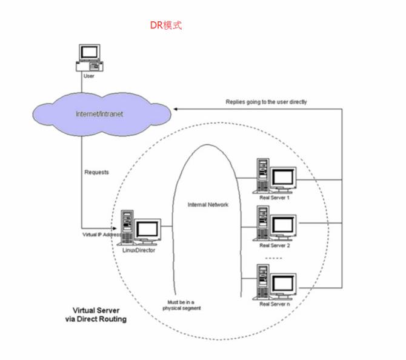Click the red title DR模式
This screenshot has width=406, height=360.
[x=165, y=25]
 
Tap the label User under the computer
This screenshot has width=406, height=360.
[x=89, y=76]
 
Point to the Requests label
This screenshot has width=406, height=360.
[x=96, y=172]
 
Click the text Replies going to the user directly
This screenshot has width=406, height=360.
[x=266, y=102]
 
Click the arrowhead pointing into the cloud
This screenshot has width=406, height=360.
[x=176, y=109]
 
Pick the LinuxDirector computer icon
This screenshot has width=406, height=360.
[x=141, y=228]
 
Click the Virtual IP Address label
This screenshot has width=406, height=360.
[x=101, y=233]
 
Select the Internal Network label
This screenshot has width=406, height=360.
[x=208, y=205]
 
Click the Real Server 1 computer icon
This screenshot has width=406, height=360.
[x=276, y=176]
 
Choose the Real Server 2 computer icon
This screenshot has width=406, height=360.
[x=276, y=224]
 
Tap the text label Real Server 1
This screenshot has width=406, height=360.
[x=275, y=197]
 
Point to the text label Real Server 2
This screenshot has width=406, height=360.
[x=275, y=245]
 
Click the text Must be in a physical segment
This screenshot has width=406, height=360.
[x=181, y=305]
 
